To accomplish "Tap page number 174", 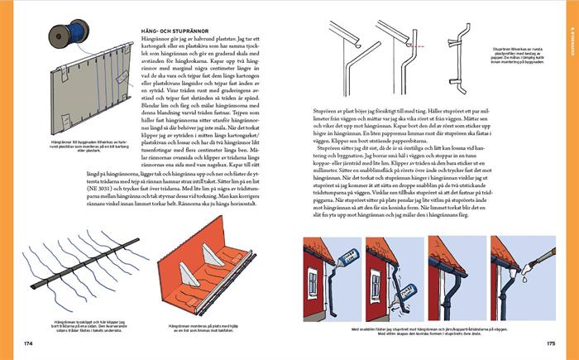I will coord(27,343).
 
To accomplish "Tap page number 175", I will coord(550,343).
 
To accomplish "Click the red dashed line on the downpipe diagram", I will coord(419,46).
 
